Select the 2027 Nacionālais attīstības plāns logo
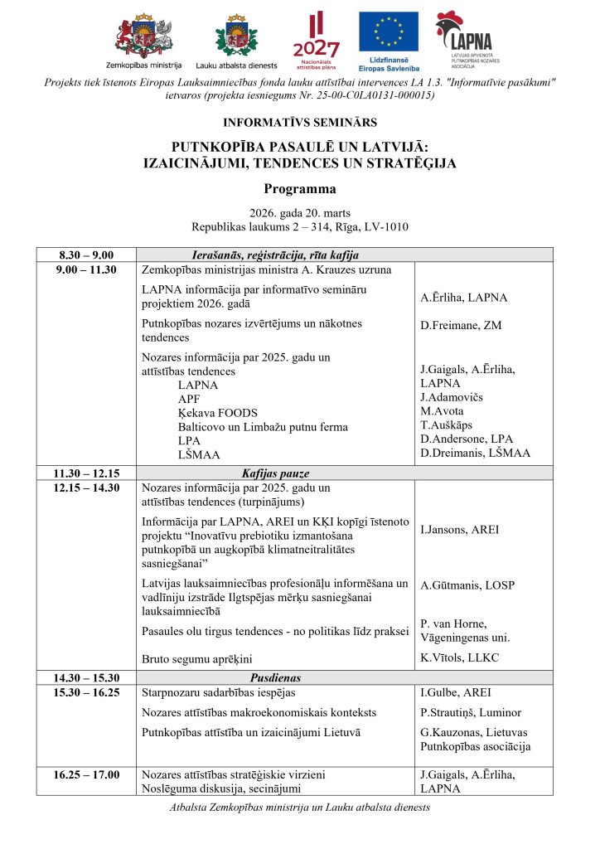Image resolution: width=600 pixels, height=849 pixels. pos(317,37)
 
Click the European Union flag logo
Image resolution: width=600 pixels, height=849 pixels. pos(388,33)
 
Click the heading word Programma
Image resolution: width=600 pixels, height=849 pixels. pos(299,189)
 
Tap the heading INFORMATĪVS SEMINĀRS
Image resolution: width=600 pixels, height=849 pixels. pos(299,123)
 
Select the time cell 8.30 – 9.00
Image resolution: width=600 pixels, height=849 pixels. pos(86,255)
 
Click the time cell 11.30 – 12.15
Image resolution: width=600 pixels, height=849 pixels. pos(86,474)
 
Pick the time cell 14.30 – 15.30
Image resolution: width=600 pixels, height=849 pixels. pos(86,677)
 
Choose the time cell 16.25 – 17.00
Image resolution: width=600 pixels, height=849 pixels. pos(86,775)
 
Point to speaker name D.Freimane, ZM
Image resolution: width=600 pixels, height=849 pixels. pos(462,326)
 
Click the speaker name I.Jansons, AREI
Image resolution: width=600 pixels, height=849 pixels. pos(460,529)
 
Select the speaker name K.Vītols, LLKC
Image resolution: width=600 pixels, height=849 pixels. pos(462,658)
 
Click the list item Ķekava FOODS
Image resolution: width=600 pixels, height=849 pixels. pos(217,413)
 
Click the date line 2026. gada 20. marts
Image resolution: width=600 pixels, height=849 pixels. pos(299,211)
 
